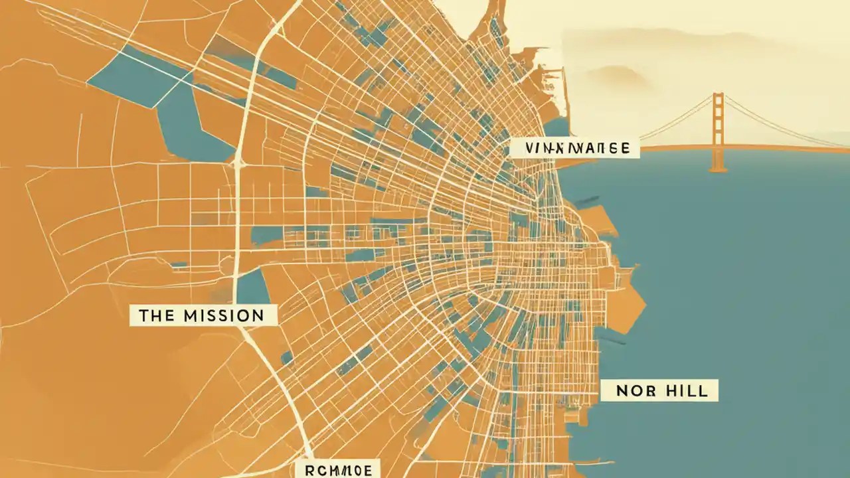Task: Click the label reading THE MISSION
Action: pyautogui.click(x=203, y=315)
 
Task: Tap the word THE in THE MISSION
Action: pyautogui.click(x=155, y=315)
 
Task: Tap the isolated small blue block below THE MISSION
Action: pyautogui.click(x=287, y=358)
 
